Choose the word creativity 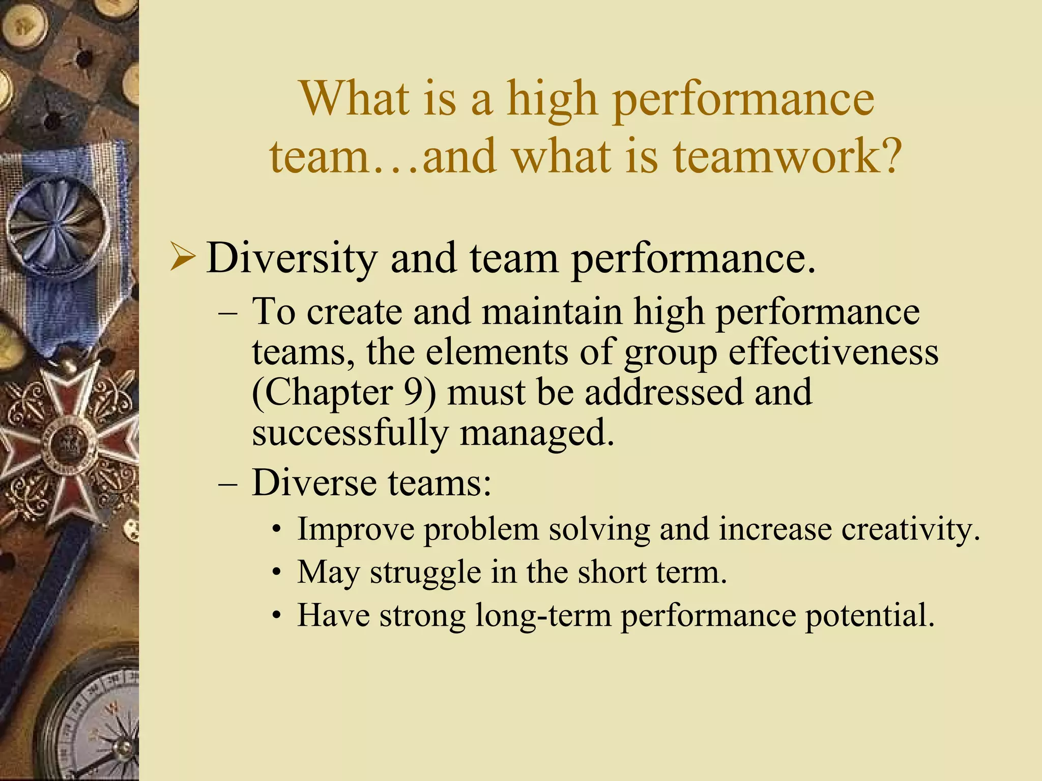click(x=910, y=529)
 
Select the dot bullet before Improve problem click(x=276, y=530)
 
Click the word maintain click(x=552, y=311)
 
